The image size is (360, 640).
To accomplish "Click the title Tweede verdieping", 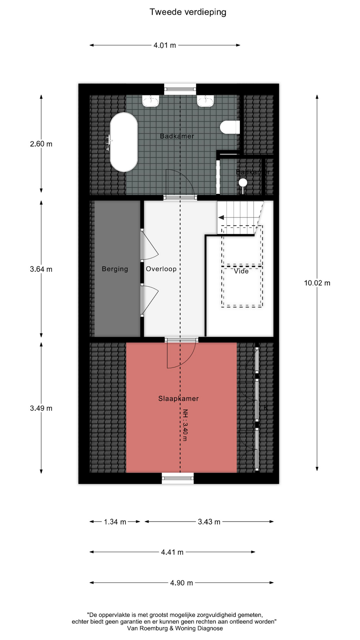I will tap(188, 12).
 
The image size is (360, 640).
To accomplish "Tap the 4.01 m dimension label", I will tap(165, 45).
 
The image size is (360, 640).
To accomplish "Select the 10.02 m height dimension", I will tap(317, 283).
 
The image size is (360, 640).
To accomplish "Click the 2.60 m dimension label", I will tap(41, 144).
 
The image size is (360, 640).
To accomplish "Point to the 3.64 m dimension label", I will tap(41, 269).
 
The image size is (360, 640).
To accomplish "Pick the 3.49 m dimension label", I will tap(41, 408).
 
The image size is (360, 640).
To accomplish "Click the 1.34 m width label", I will tap(115, 522).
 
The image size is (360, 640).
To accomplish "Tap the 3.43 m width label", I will tap(209, 522).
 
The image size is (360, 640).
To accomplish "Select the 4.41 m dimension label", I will tap(172, 552).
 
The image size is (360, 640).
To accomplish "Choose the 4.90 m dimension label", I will tap(181, 583).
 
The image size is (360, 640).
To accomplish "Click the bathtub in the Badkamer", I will tap(124, 142).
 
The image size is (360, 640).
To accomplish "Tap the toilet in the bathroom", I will tap(230, 127).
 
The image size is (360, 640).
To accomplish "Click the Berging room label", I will tap(115, 269).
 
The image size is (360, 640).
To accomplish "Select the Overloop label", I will tap(161, 269).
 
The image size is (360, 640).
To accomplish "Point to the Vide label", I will tap(241, 271).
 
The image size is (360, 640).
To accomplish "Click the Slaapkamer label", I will tap(178, 398).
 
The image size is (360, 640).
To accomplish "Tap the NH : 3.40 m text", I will tap(185, 425).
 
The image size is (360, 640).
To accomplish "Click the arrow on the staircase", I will tap(221, 217).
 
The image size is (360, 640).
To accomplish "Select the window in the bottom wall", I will tap(178, 478).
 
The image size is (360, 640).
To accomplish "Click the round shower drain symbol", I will tap(243, 182).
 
